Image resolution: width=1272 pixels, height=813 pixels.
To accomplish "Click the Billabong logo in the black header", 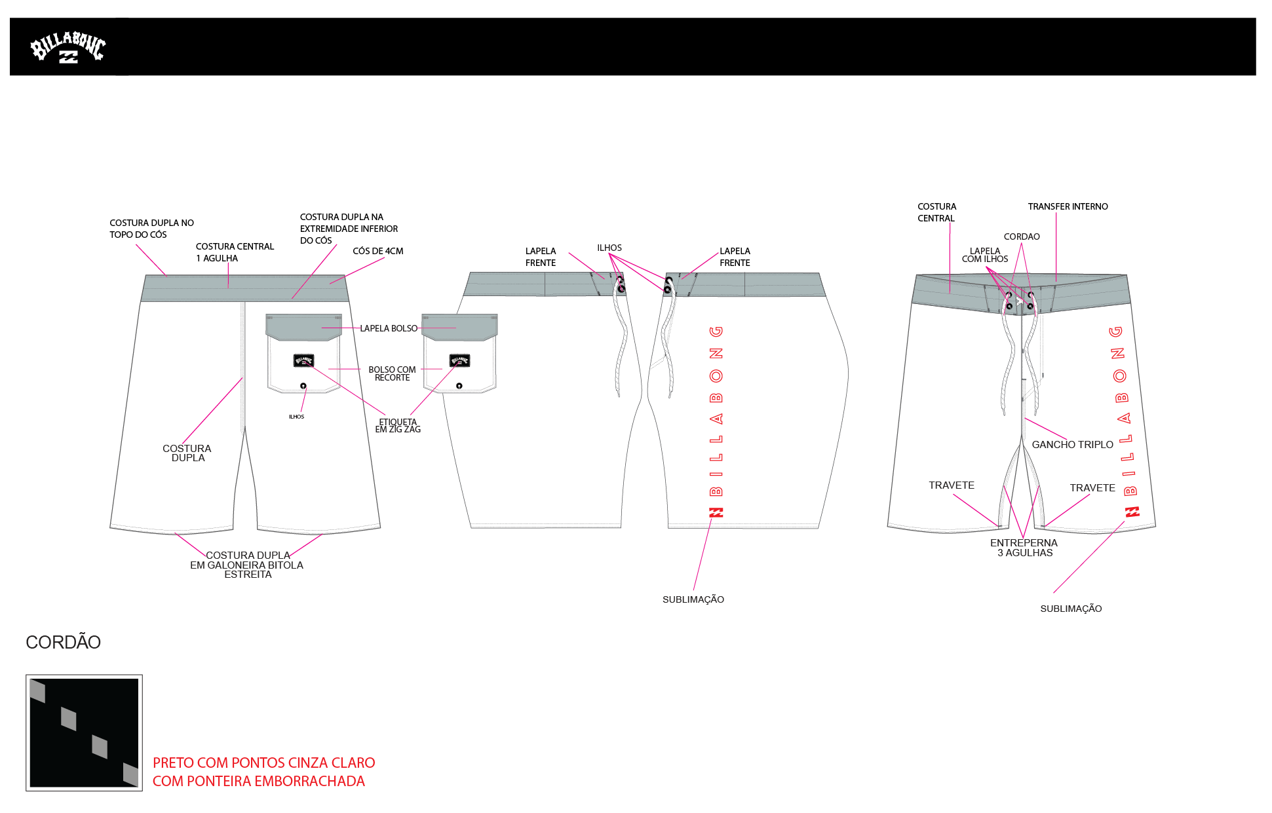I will coord(67,47).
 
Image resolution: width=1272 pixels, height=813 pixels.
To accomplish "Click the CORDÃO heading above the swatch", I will coord(63,642).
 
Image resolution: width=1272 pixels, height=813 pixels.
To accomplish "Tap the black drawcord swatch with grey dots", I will coord(84,732).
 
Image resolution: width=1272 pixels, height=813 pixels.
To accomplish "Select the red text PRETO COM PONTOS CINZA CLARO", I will coord(263,763).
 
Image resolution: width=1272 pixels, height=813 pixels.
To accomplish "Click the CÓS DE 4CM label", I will coord(377,251).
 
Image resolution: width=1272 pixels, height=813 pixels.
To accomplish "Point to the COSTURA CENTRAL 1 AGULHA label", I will coord(235,252).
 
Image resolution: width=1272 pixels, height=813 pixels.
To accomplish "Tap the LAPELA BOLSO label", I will coord(389,328).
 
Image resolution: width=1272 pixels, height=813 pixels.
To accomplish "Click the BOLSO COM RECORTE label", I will coord(392,373).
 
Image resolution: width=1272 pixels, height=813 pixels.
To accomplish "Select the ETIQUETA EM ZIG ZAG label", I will coord(398,426).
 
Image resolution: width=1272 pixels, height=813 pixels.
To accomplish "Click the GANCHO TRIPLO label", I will coord(1072,444).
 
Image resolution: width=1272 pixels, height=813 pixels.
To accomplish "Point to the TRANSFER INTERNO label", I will coord(1068,206).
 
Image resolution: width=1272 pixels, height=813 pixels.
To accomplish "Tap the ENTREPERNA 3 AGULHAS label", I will coord(1024,548).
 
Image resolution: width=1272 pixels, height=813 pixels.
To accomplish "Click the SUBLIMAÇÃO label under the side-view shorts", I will coord(693,599).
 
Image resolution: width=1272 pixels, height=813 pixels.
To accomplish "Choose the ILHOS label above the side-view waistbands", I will coord(609,248).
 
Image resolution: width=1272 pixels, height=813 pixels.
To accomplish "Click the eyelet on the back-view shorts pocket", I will coord(303,386).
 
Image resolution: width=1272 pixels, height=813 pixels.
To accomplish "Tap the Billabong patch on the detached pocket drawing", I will coord(459,360).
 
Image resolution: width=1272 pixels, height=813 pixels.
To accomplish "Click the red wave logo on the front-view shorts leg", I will coord(1132,512).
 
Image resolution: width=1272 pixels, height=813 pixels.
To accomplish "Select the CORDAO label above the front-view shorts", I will coord(1022,236).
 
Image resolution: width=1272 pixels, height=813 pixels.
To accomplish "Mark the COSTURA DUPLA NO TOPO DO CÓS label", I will coord(151,229).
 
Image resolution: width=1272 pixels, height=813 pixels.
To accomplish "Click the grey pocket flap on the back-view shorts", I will coord(303,326).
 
